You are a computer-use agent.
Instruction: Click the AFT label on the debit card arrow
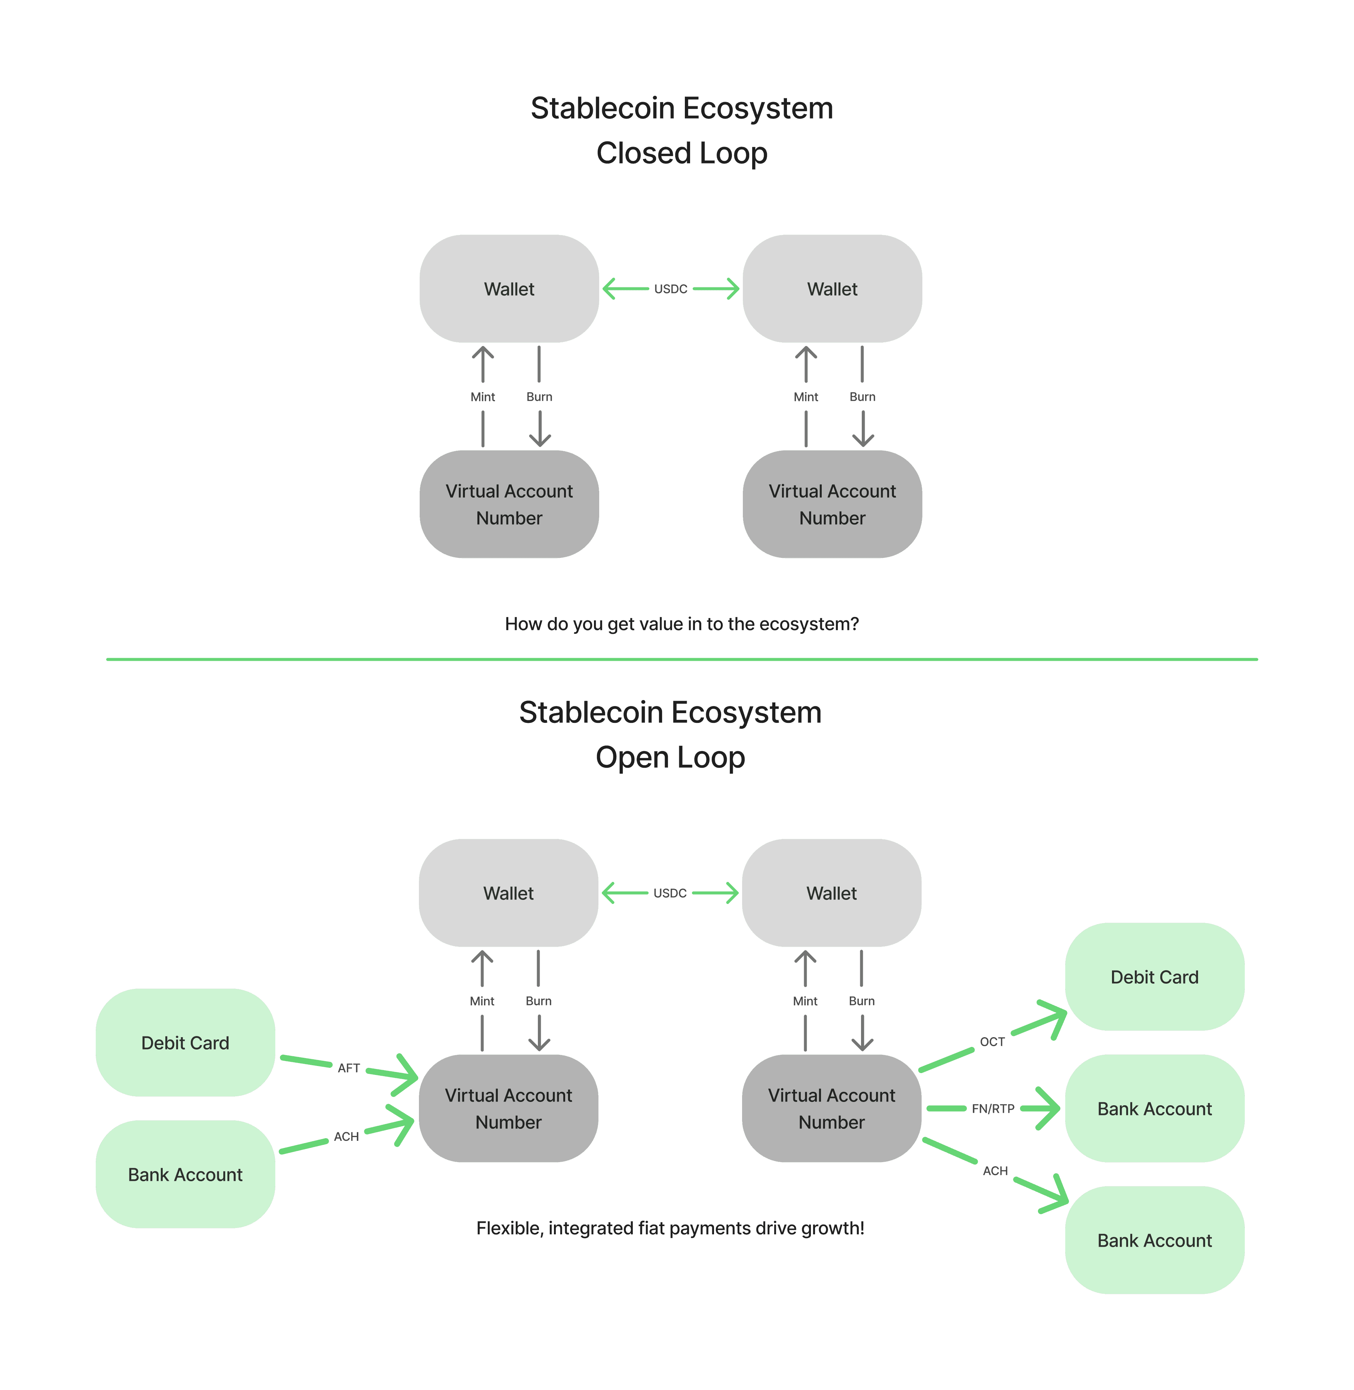(349, 1068)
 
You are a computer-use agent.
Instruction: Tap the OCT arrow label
(992, 1041)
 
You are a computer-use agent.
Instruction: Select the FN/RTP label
(993, 1108)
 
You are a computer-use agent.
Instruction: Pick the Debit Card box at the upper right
(1154, 977)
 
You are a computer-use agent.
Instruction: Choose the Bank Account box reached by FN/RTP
(1154, 1108)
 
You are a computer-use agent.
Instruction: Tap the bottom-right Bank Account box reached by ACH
(1154, 1240)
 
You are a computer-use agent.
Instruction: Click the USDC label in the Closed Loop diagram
(671, 289)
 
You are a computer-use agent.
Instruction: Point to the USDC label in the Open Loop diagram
(670, 893)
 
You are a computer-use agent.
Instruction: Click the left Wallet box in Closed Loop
(509, 289)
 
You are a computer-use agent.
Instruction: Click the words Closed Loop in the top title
(681, 153)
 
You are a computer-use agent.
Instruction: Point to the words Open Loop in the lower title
(670, 757)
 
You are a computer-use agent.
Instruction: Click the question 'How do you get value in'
(681, 624)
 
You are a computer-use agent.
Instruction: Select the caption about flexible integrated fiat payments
(670, 1228)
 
